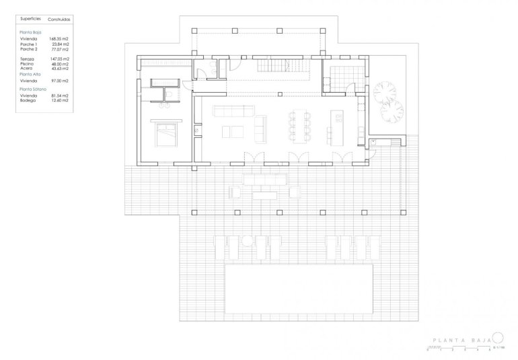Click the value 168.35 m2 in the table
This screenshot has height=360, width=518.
[x=60, y=39]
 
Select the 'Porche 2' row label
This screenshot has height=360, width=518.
[x=29, y=50]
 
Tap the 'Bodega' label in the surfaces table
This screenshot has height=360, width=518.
[x=28, y=100]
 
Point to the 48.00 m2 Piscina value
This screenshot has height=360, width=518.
[x=61, y=64]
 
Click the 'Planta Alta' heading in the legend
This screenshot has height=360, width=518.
[x=30, y=74]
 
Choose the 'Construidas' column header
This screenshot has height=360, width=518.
[x=59, y=21]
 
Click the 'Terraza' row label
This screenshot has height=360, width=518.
[x=28, y=59]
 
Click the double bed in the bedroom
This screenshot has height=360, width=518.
[x=165, y=134]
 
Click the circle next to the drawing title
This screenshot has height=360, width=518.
[x=498, y=338]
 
